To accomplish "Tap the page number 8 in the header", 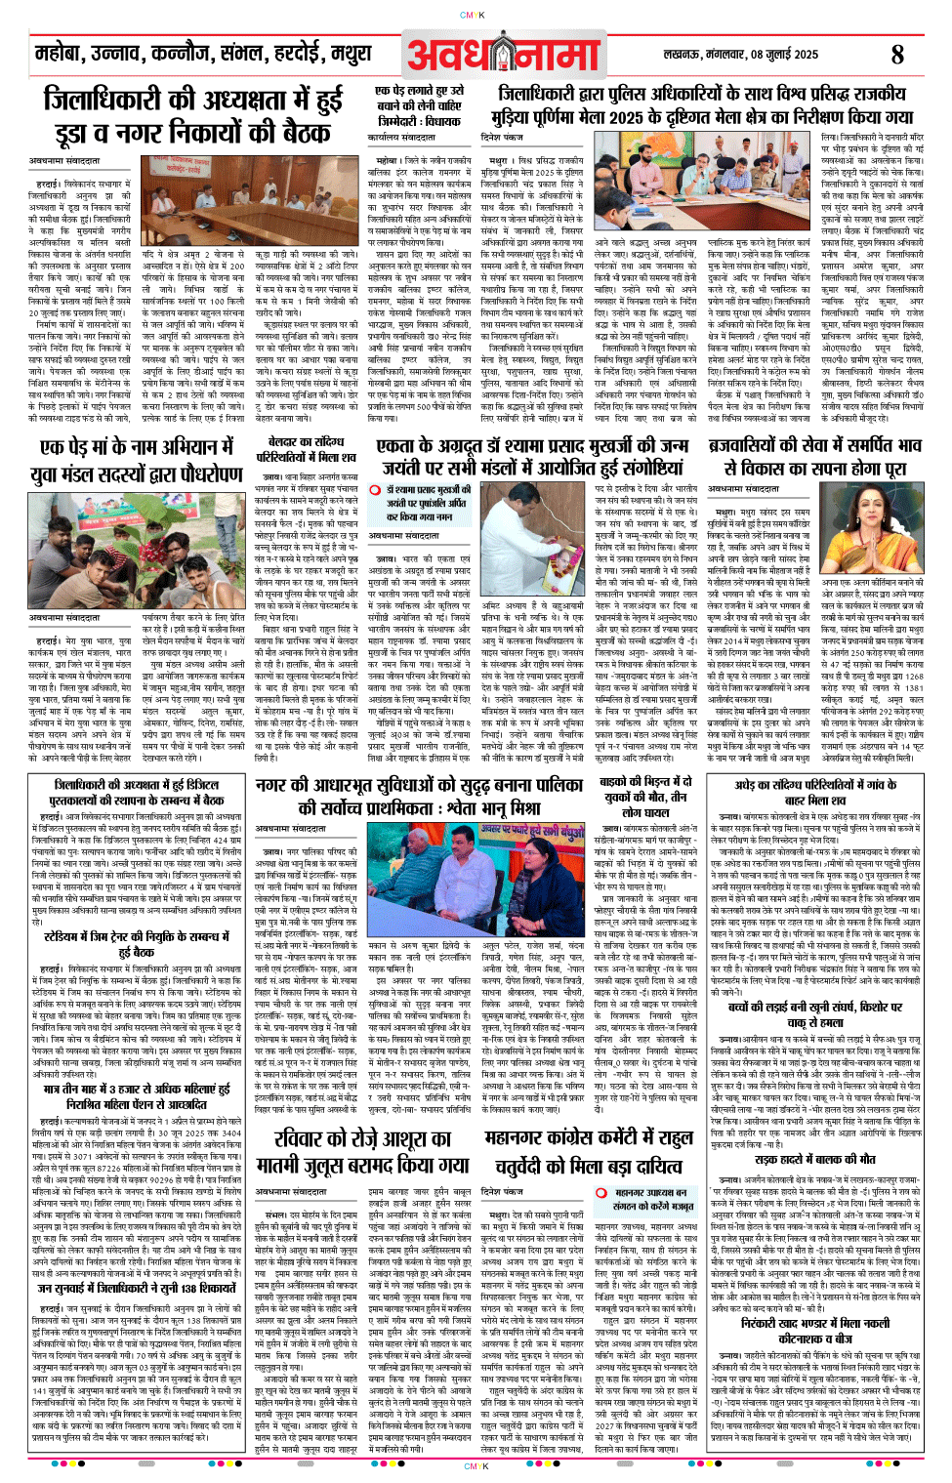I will [897, 55].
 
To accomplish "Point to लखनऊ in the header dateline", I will [683, 55].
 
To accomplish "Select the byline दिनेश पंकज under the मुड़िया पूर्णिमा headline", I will [502, 139].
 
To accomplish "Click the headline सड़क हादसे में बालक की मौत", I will [814, 1160].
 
